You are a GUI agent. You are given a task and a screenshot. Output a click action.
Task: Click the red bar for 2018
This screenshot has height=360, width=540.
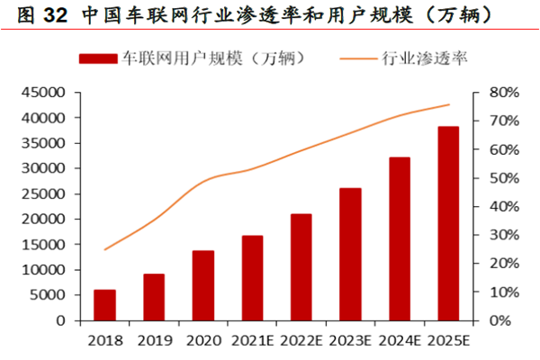[104, 305]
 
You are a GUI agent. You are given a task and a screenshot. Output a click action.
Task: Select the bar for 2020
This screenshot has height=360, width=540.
[203, 285]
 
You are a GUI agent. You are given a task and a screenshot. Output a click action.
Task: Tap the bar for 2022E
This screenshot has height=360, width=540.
[301, 267]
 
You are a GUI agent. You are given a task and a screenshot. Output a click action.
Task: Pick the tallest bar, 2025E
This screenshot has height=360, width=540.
[448, 223]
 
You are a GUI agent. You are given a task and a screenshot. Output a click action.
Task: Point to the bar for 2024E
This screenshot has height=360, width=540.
[400, 238]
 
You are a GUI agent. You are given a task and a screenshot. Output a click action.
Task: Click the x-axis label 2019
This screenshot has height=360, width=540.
[154, 340]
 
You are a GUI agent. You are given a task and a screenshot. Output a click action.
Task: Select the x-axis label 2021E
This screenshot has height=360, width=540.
[253, 340]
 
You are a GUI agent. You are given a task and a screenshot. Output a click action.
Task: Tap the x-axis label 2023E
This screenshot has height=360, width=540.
[351, 340]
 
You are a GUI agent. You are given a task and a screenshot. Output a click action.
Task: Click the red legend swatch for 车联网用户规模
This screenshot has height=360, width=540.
[99, 58]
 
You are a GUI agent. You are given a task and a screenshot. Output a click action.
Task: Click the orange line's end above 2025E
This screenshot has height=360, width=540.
[449, 104]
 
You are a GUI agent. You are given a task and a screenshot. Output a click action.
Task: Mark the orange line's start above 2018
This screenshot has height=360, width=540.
[104, 249]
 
